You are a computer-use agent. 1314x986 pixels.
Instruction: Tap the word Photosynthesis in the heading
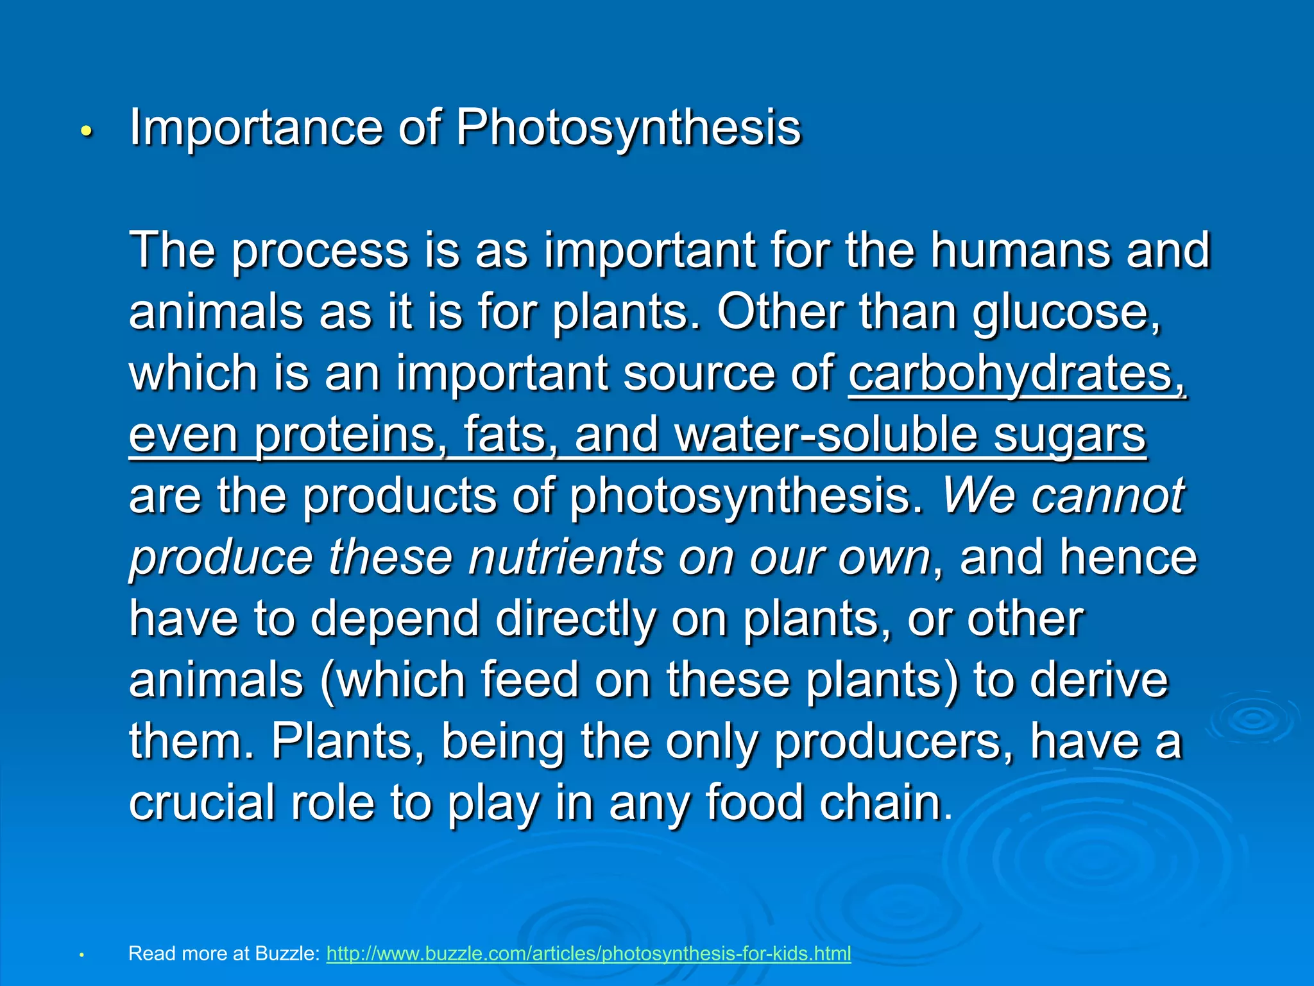click(628, 128)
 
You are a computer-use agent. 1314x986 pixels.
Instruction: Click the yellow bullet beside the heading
click(87, 132)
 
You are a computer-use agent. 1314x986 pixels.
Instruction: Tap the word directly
click(576, 618)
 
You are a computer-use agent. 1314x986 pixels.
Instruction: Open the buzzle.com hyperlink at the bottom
click(588, 953)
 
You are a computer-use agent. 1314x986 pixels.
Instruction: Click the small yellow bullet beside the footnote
click(81, 955)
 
